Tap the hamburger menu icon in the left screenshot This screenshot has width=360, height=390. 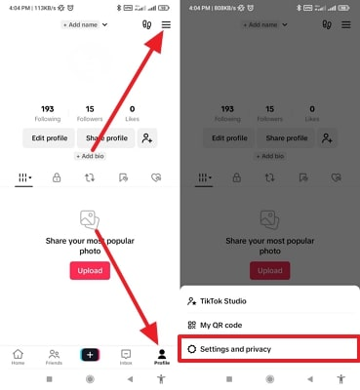click(166, 25)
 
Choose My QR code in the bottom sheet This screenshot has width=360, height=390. click(219, 325)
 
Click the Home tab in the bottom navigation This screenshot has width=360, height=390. click(19, 357)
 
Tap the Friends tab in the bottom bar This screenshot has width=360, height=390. click(54, 357)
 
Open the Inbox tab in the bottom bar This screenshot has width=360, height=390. click(126, 357)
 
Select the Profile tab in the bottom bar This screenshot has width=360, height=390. click(161, 357)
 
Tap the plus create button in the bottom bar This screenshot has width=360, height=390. click(90, 355)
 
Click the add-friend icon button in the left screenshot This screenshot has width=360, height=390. click(147, 137)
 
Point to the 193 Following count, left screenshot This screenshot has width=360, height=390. click(47, 112)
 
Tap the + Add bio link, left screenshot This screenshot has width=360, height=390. click(91, 156)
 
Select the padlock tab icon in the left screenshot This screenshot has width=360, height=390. click(58, 178)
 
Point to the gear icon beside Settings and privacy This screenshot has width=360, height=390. click(192, 348)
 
